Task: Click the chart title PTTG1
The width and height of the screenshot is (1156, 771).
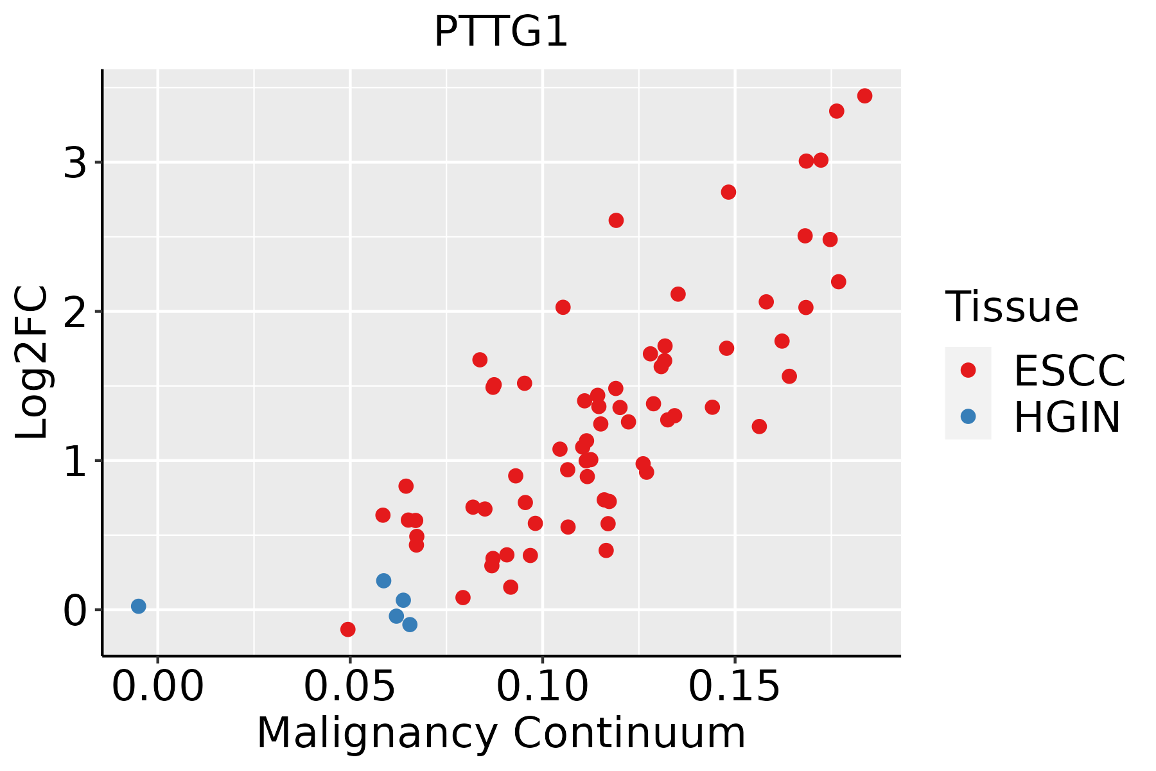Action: click(x=501, y=31)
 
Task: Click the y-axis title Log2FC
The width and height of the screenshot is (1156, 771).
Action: click(x=32, y=362)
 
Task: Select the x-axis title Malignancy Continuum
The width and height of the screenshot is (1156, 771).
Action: click(x=501, y=733)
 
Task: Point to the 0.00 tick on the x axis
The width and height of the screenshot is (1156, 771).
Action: click(x=157, y=687)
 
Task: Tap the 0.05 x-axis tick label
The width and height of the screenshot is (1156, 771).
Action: click(x=349, y=687)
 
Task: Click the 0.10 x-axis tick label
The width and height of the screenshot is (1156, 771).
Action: click(x=543, y=687)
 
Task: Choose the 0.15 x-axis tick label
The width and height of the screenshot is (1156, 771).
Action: click(x=735, y=687)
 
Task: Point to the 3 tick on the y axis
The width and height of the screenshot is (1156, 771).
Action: click(x=74, y=163)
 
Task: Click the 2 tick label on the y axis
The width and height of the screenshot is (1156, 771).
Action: click(x=74, y=312)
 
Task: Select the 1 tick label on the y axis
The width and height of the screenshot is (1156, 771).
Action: click(x=74, y=461)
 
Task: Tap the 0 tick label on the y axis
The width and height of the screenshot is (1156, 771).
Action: click(x=74, y=610)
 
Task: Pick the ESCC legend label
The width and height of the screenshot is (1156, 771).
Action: click(x=1069, y=370)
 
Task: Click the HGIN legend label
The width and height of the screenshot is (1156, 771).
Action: click(x=1067, y=416)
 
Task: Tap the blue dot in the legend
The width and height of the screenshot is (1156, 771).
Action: click(x=968, y=416)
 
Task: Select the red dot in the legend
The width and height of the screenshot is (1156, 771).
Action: click(x=968, y=370)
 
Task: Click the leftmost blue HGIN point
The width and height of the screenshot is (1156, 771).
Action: click(x=138, y=606)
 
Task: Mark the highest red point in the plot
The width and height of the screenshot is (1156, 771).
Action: click(x=864, y=96)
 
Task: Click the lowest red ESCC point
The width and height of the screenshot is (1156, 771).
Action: click(x=347, y=629)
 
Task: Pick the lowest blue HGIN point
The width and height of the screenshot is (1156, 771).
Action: click(x=410, y=625)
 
